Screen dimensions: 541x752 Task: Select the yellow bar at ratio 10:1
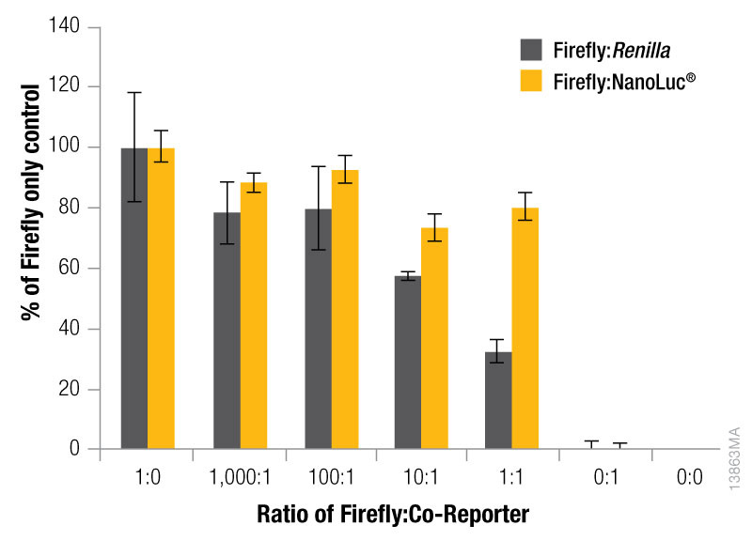434,338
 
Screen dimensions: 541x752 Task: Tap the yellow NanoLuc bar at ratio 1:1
525,328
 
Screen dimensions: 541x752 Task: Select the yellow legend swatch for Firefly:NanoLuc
532,82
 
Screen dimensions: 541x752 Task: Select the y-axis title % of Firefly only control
32,201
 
